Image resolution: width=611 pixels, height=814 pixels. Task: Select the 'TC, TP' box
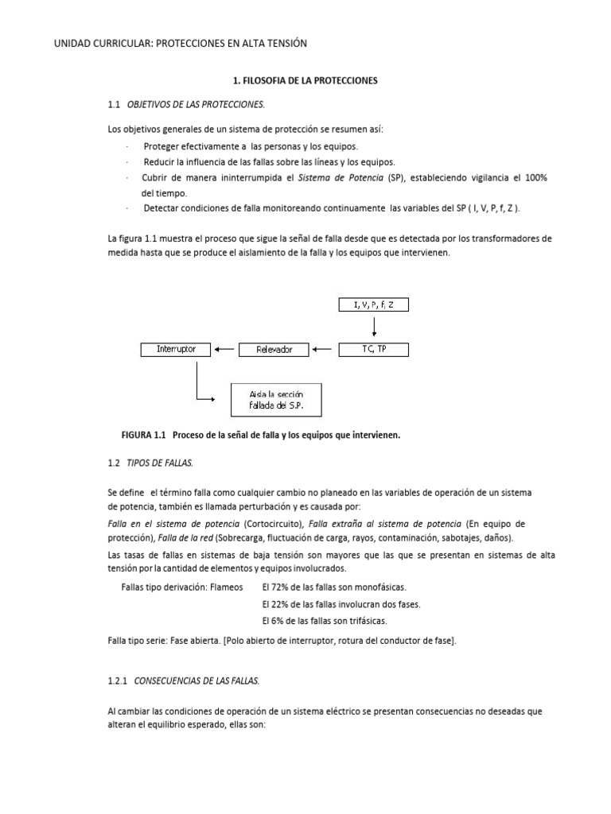pos(373,349)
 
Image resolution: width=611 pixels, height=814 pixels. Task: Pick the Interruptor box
pos(176,349)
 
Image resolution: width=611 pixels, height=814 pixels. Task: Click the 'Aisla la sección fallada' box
pos(276,400)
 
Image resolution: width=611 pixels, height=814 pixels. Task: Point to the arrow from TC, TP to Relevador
pos(324,349)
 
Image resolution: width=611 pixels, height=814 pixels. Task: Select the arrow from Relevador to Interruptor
pos(226,349)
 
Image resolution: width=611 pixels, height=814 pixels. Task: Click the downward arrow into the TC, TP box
pos(373,326)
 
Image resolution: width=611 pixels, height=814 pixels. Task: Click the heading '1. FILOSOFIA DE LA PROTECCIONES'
pos(305,81)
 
